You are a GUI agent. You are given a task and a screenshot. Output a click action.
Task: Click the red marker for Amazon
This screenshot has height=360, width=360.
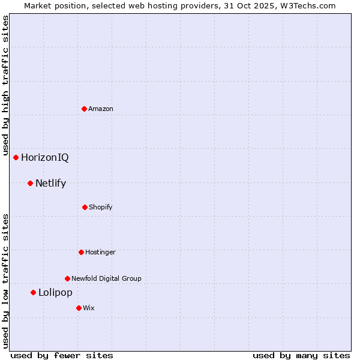pyautogui.click(x=85, y=109)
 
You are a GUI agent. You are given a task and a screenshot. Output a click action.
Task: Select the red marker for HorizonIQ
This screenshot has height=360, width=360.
pyautogui.click(x=16, y=157)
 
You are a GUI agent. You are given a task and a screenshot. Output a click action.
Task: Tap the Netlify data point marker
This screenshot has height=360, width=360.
pyautogui.click(x=30, y=183)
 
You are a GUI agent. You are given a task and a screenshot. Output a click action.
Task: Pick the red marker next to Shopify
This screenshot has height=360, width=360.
pyautogui.click(x=85, y=207)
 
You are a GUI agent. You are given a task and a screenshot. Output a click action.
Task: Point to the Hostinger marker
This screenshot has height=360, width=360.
pyautogui.click(x=81, y=252)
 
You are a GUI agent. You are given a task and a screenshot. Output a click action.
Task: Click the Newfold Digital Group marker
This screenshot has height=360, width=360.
pyautogui.click(x=67, y=278)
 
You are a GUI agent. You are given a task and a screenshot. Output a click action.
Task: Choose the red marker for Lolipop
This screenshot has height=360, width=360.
pyautogui.click(x=34, y=292)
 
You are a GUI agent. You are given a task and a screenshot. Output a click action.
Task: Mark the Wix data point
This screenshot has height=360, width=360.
pyautogui.click(x=79, y=308)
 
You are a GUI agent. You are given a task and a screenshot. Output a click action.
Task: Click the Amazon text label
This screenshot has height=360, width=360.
pyautogui.click(x=101, y=109)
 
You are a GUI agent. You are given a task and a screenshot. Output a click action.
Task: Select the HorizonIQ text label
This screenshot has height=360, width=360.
pyautogui.click(x=45, y=158)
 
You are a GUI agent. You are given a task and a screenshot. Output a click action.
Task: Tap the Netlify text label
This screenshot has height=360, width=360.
pyautogui.click(x=50, y=184)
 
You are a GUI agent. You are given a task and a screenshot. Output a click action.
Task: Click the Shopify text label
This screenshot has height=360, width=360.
pyautogui.click(x=100, y=207)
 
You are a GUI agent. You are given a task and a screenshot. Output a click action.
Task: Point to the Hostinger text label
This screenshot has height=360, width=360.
pyautogui.click(x=100, y=252)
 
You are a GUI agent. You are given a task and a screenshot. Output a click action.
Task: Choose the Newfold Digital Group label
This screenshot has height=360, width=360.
pyautogui.click(x=106, y=278)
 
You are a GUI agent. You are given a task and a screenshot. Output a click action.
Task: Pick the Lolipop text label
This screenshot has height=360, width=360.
pyautogui.click(x=55, y=293)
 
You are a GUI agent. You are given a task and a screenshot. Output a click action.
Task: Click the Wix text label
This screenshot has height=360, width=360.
pyautogui.click(x=89, y=308)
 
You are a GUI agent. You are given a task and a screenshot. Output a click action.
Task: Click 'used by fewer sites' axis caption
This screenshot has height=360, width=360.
pyautogui.click(x=62, y=355)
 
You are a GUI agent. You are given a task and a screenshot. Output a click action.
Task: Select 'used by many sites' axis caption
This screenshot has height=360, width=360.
pyautogui.click(x=301, y=355)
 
